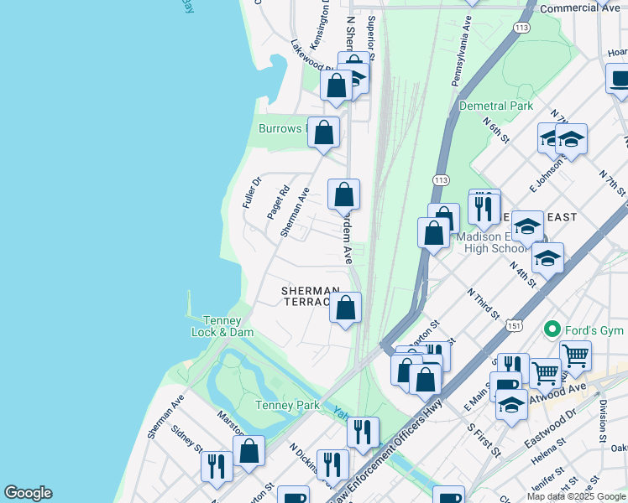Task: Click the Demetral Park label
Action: point(496,106)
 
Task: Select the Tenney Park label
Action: point(287,406)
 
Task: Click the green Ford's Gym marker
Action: point(552,329)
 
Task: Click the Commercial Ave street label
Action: point(579,8)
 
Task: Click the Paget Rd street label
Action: point(278,202)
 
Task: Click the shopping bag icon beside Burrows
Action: point(323,133)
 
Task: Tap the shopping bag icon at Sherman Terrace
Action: point(345,308)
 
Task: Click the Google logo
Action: point(28,493)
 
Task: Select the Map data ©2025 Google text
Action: point(576,496)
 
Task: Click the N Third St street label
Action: point(483,305)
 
